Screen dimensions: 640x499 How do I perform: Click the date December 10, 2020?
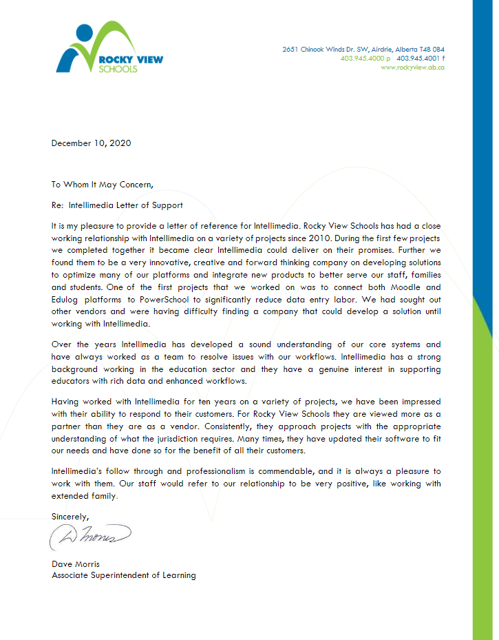point(91,143)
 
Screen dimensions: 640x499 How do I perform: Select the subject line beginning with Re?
point(117,205)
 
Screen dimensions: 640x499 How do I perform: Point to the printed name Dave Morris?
point(76,564)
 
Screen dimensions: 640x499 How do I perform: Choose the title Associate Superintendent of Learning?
point(123,575)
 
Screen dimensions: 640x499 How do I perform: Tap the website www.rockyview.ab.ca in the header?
point(412,68)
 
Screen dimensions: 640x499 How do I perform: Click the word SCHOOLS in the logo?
point(118,69)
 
